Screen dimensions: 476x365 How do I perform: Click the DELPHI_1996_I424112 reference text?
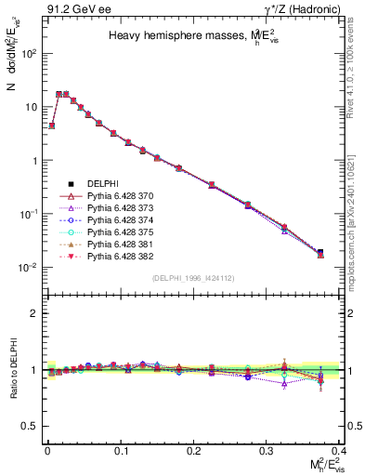[193, 277]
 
